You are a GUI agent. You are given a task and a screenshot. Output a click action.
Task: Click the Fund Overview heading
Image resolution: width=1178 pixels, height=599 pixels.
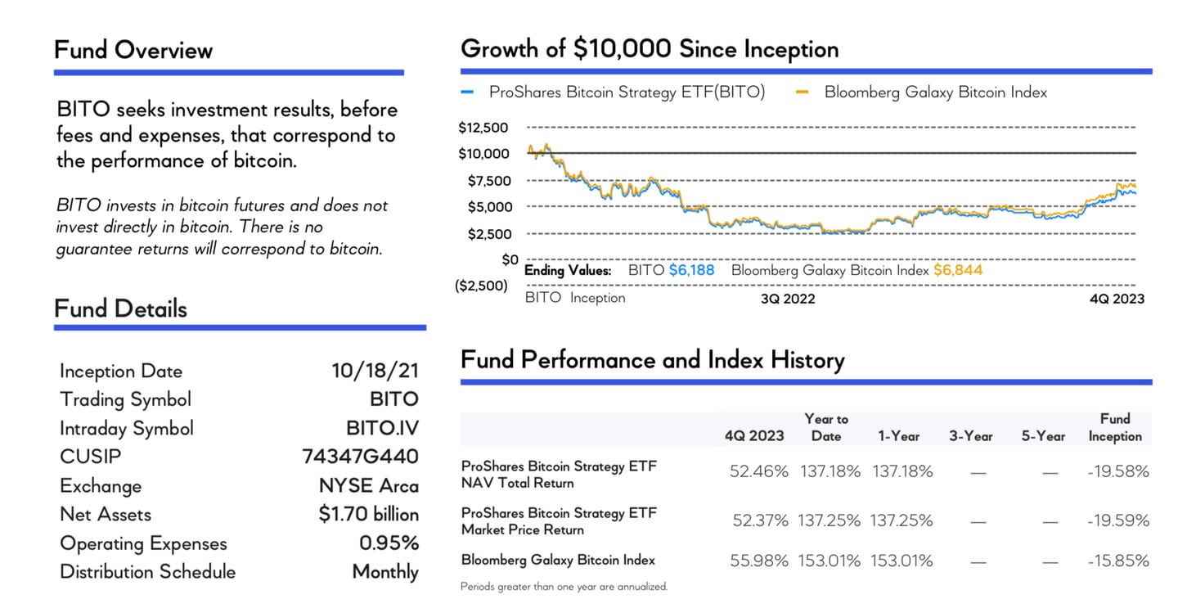tap(133, 51)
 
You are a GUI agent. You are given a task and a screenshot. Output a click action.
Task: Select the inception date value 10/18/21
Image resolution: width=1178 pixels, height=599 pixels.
tap(375, 371)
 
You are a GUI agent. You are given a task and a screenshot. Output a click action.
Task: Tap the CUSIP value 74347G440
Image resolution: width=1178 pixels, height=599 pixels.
tap(360, 457)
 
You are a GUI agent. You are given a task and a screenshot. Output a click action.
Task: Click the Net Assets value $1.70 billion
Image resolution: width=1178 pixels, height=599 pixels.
tap(369, 515)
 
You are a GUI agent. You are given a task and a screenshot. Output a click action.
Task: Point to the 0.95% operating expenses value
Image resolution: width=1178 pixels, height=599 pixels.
tap(389, 543)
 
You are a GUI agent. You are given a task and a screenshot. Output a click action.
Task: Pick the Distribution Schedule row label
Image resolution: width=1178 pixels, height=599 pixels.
tap(147, 572)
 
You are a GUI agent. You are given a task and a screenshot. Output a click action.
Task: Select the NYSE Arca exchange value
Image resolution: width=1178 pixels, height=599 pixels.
tap(369, 486)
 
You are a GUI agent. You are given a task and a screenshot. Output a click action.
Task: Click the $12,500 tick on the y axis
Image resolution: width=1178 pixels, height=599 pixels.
tap(483, 128)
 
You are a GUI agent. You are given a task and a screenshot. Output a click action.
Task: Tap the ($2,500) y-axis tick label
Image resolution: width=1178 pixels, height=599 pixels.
tap(481, 286)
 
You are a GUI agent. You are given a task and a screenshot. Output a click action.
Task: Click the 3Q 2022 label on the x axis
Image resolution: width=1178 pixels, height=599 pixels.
tap(788, 299)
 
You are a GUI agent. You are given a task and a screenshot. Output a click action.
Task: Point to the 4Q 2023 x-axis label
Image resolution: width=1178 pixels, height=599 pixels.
tap(1117, 299)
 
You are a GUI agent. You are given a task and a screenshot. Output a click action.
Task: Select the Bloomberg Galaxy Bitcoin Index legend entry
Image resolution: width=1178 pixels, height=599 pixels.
tap(935, 92)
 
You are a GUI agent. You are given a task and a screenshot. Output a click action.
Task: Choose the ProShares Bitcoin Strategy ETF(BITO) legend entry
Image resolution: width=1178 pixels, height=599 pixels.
tap(627, 92)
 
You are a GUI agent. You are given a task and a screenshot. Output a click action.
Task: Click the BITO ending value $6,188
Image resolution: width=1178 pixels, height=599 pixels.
tap(691, 270)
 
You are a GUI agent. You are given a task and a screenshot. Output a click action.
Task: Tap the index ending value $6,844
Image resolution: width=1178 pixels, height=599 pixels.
tap(957, 270)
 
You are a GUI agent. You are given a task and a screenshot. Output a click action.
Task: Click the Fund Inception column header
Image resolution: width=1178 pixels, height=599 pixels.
tap(1114, 427)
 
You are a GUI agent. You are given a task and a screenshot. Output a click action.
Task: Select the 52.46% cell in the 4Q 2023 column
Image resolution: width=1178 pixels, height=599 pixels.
tap(758, 471)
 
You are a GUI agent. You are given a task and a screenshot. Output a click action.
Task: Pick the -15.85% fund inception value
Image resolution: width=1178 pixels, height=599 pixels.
tap(1118, 561)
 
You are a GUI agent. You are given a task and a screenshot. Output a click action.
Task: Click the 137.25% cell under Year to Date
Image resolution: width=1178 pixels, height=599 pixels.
tap(829, 520)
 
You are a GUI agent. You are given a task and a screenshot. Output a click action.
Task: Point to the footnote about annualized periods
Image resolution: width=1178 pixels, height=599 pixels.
tap(564, 586)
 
